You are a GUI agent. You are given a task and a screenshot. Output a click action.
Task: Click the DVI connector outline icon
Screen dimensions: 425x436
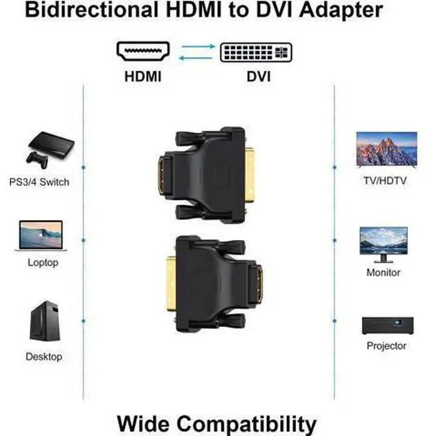pyautogui.click(x=256, y=52)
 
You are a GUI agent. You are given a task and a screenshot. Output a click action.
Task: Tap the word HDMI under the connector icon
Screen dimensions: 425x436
pyautogui.click(x=143, y=76)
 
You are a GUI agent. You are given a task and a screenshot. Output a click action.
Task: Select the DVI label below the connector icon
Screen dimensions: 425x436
pyautogui.click(x=258, y=76)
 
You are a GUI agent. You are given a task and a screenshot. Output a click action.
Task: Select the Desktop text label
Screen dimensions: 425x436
pyautogui.click(x=44, y=357)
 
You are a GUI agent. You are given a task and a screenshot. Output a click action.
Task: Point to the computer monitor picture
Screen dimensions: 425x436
pyautogui.click(x=383, y=244)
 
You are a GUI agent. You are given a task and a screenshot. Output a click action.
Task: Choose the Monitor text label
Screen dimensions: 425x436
pyautogui.click(x=383, y=272)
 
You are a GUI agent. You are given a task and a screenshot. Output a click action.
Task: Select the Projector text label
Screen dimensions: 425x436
pyautogui.click(x=386, y=346)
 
